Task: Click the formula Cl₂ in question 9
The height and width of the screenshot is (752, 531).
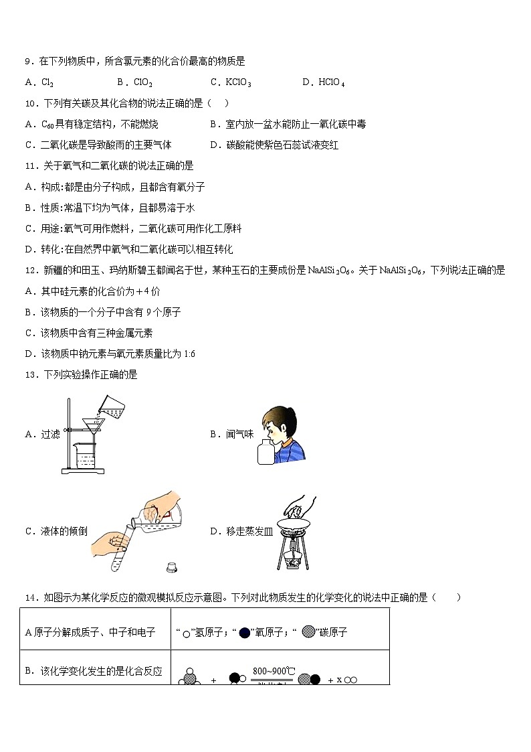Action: [x=47, y=82]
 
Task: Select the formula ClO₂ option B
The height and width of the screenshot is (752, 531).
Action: [x=143, y=82]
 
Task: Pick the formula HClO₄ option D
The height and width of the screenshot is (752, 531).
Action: [x=332, y=82]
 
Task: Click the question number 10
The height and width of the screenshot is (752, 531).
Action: [x=29, y=103]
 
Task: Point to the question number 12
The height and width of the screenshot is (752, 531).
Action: [x=29, y=271]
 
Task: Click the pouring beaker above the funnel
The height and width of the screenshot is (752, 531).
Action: [x=111, y=405]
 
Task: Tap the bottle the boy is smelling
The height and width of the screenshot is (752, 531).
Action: [x=266, y=453]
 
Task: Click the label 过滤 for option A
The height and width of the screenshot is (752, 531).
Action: [x=50, y=434]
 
